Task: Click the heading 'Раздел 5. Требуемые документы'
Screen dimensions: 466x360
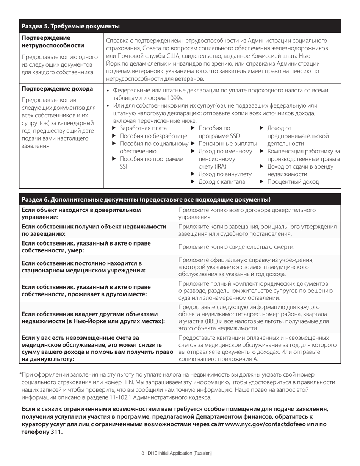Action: coord(71,26)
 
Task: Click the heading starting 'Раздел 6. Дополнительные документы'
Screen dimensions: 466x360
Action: coord(146,200)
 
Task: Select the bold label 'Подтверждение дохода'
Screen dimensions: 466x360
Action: coord(57,89)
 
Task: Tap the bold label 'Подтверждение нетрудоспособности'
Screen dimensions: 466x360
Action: coord(53,42)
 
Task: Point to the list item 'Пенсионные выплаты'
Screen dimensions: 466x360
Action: coord(227,144)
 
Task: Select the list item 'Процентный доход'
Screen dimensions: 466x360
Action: coord(293,182)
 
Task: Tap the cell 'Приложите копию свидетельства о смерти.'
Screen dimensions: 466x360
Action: coord(236,247)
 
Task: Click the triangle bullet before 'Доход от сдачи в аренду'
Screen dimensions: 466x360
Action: coord(262,166)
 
